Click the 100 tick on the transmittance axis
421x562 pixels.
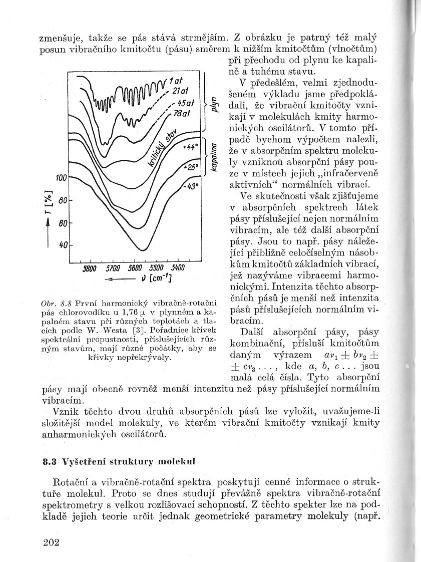(x=61, y=178)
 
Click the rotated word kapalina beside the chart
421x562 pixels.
(x=214, y=157)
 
